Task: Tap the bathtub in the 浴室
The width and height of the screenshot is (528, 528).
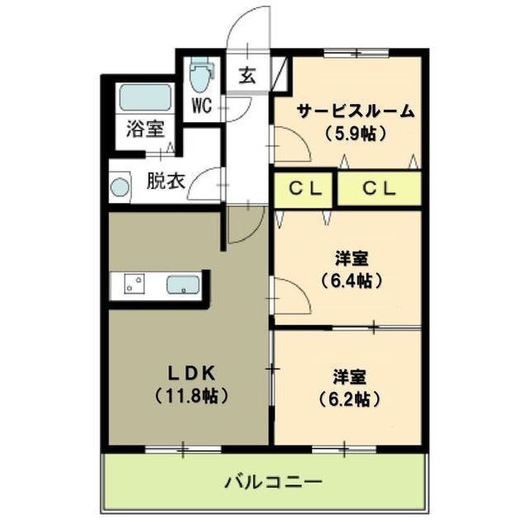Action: click(144, 97)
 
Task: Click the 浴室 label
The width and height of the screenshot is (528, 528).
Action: click(144, 130)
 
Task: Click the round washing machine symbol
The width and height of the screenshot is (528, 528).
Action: click(121, 187)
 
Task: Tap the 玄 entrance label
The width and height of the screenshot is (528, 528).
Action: click(247, 75)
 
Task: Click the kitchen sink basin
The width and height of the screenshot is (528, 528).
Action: click(182, 285)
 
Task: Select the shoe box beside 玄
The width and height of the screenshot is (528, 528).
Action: click(282, 73)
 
